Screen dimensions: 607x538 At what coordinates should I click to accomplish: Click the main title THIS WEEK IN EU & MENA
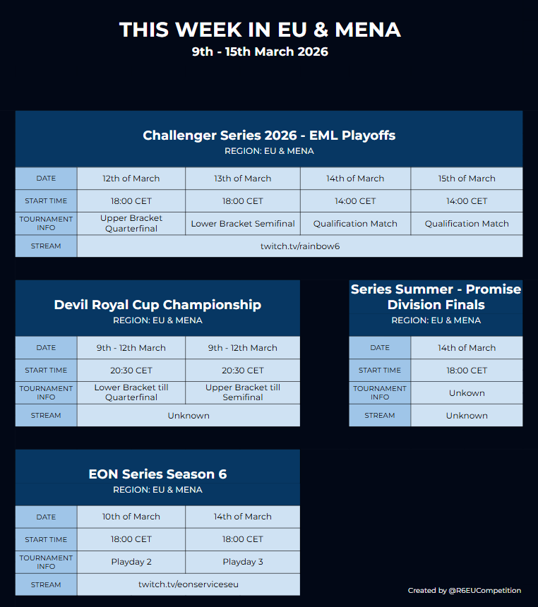pos(260,30)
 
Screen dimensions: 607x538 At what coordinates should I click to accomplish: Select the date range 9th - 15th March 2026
pos(260,52)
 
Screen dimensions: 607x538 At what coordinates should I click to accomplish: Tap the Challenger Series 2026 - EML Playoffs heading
pos(269,136)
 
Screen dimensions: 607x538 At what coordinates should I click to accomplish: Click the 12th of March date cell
pos(131,179)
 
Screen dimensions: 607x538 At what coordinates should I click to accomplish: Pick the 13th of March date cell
pos(243,179)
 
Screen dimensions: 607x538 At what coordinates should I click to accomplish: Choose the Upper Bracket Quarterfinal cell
pos(131,224)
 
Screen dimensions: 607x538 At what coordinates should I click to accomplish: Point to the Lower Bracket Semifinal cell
pos(243,224)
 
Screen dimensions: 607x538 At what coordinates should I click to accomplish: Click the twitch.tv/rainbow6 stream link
pos(300,246)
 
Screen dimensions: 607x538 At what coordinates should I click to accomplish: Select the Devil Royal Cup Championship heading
pos(157,305)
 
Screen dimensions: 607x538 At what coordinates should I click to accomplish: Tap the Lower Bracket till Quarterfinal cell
pos(131,392)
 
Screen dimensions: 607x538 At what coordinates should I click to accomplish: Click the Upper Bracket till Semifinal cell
pos(243,392)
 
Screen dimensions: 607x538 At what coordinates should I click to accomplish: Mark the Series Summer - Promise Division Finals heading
pos(436,297)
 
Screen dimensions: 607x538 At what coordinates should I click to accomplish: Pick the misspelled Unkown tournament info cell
pos(467,393)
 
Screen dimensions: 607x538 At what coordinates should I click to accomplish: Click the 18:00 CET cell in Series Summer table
pos(467,371)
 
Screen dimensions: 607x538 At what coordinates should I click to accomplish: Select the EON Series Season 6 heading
pos(157,474)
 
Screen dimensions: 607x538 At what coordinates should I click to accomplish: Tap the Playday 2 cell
pos(131,562)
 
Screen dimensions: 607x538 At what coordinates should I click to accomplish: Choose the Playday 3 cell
pos(243,562)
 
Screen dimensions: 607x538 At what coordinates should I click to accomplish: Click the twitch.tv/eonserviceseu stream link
pos(188,584)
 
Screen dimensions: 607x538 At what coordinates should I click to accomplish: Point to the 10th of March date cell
pos(131,517)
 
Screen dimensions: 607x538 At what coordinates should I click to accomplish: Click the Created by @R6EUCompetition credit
pos(464,591)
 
